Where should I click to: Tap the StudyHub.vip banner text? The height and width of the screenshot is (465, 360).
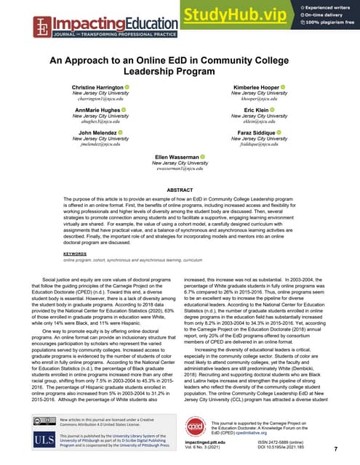coord(233,15)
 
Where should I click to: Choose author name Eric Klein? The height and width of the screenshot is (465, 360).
coord(253,110)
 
